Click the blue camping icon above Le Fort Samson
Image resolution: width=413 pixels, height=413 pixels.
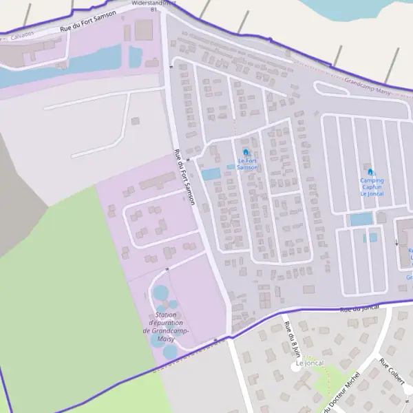coord(246,152)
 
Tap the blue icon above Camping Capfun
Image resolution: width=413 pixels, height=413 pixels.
coord(371,172)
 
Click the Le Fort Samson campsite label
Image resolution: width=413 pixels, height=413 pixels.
coord(247,164)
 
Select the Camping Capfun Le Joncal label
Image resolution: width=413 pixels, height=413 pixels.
coord(372,187)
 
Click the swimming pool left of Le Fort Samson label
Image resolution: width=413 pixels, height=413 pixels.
coord(211,174)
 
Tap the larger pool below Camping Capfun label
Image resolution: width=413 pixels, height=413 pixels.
coord(361,220)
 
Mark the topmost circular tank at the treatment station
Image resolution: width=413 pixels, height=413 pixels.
coord(160,293)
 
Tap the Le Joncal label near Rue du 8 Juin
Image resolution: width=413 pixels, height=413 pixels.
coord(309,363)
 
